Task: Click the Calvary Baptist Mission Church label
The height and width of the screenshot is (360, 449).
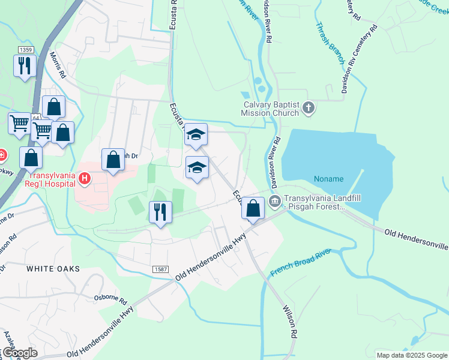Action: pyautogui.click(x=270, y=108)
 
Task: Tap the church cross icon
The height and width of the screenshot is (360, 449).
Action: pyautogui.click(x=309, y=108)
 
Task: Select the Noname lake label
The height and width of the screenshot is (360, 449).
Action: pyautogui.click(x=328, y=179)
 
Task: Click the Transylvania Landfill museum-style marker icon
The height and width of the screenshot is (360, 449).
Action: pyautogui.click(x=276, y=200)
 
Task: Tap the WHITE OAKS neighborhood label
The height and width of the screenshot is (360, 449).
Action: pyautogui.click(x=53, y=269)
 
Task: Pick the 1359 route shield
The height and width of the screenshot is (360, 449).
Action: pyautogui.click(x=25, y=50)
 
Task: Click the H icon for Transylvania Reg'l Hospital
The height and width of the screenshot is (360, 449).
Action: pyautogui.click(x=85, y=178)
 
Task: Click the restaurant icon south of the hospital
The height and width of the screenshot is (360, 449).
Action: pyautogui.click(x=160, y=211)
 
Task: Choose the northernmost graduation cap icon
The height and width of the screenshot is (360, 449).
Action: pyautogui.click(x=196, y=134)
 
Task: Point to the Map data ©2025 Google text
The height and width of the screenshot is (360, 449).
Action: pyautogui.click(x=411, y=355)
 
